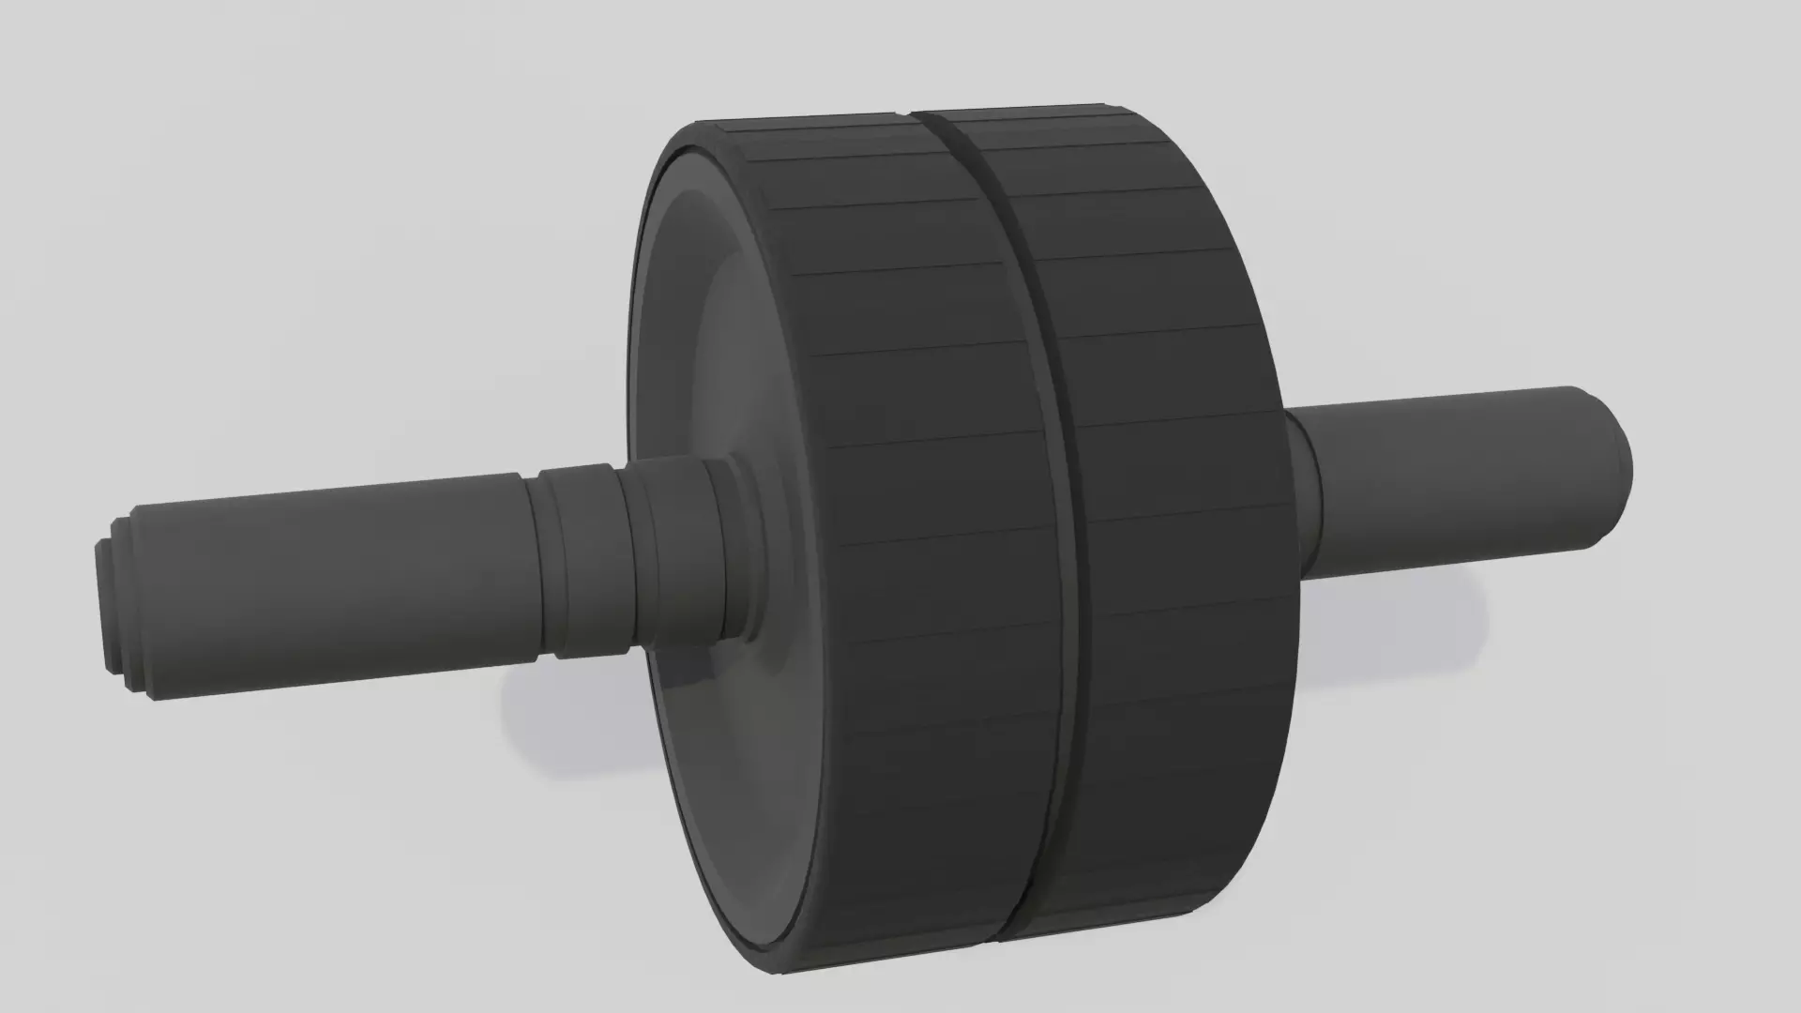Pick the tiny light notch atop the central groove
click(x=902, y=115)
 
